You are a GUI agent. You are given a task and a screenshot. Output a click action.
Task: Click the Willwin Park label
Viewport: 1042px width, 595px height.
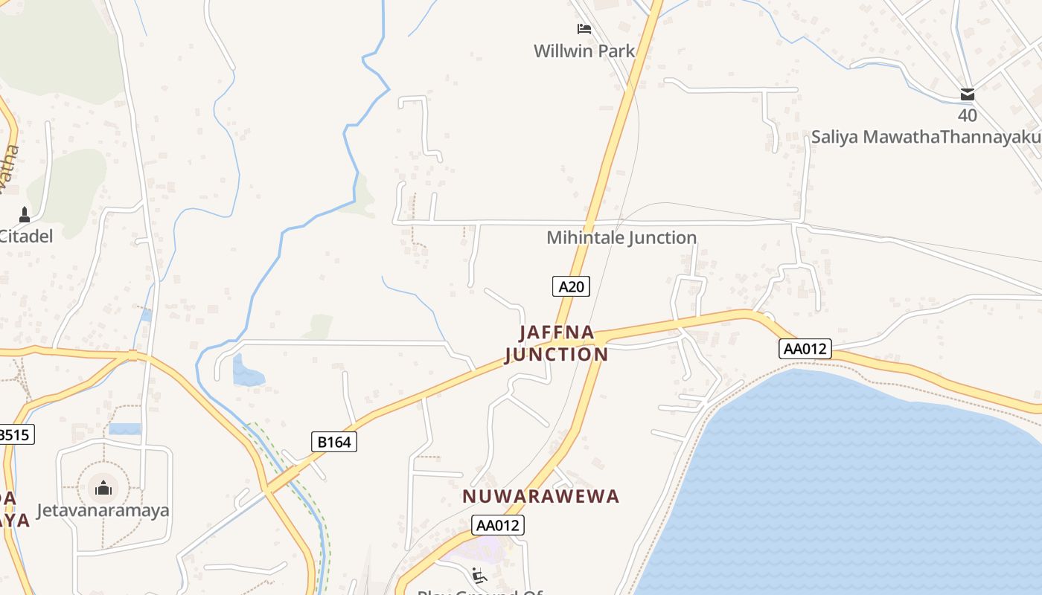584,51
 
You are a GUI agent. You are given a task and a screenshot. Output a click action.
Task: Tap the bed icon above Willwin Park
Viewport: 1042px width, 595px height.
584,29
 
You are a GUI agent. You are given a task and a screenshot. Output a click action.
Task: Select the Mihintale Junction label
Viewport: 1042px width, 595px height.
621,237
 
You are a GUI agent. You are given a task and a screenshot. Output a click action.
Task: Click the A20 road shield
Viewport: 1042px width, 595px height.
571,286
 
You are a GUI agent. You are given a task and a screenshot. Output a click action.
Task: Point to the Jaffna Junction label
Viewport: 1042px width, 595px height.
557,343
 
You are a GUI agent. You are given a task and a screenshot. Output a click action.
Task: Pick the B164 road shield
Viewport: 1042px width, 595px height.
333,442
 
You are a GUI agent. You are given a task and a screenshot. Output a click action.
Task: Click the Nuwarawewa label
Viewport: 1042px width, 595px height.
540,496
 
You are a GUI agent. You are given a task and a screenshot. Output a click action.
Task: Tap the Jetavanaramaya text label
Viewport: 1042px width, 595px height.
103,510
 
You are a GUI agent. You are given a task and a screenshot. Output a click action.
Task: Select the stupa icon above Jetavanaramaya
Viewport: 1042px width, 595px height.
103,488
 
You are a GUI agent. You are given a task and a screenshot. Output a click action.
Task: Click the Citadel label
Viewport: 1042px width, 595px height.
26,237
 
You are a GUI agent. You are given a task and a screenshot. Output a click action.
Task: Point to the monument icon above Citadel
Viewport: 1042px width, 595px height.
25,215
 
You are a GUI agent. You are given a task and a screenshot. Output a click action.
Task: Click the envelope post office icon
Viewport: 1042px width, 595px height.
968,94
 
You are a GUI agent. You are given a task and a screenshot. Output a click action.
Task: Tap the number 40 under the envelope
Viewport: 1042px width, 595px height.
968,115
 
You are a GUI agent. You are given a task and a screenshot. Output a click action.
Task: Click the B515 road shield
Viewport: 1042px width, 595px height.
15,434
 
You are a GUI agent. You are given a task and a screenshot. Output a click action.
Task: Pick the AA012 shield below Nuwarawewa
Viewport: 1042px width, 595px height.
498,525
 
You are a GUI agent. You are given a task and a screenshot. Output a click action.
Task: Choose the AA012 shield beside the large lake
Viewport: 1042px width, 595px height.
805,349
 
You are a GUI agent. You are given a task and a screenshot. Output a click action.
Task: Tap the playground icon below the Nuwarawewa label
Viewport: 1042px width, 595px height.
479,575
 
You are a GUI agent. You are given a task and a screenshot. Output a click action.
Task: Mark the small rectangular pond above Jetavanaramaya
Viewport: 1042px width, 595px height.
124,429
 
